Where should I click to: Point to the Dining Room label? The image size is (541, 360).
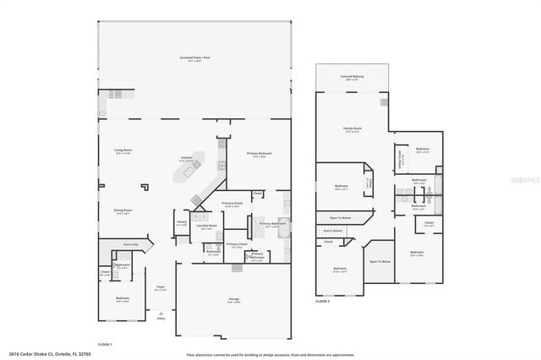pos(123,211)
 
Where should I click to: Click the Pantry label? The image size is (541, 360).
pos(182,223)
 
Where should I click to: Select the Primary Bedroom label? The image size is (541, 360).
pos(258,154)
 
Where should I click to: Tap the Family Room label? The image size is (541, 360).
pos(351,129)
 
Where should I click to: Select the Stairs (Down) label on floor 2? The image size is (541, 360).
pos(332,230)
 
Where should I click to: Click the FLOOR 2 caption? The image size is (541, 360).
pos(322,301)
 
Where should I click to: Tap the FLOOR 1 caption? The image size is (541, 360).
pos(105,343)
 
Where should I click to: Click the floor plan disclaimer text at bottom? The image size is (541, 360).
pos(270,353)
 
